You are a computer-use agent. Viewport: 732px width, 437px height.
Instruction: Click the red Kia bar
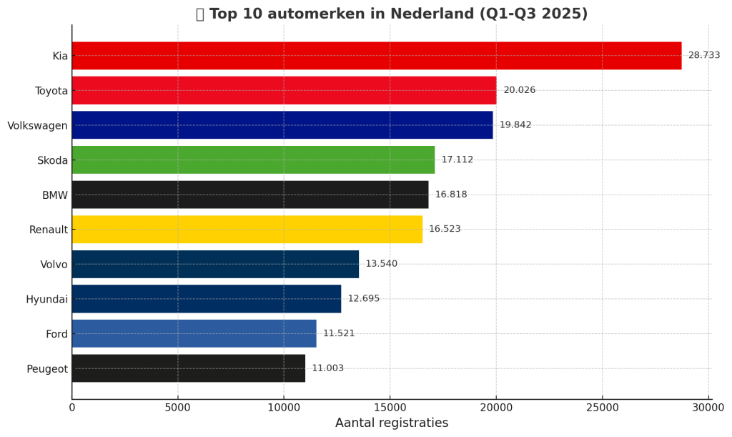(x=376, y=56)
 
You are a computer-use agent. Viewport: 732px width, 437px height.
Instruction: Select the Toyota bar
(x=284, y=91)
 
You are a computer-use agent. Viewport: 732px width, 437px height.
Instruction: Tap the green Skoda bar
(x=253, y=160)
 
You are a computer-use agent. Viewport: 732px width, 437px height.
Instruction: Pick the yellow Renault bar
(x=247, y=230)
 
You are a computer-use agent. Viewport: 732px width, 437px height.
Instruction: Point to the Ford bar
(x=194, y=334)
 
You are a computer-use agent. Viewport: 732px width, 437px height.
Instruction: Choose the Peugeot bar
(x=188, y=368)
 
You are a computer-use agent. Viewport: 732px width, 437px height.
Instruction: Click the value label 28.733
(x=703, y=56)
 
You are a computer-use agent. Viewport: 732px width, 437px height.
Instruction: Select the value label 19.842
(x=515, y=125)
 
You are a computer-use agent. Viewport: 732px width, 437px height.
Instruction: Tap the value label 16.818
(x=450, y=195)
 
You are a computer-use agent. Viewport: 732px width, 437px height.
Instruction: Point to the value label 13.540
(x=381, y=264)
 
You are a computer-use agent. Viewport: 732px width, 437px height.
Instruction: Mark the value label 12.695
(x=363, y=299)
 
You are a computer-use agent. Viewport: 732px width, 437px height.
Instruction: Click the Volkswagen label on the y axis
(x=37, y=126)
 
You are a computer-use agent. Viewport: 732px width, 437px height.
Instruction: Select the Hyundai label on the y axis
(x=46, y=300)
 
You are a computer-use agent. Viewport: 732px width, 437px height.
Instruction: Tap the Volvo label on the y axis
(x=54, y=265)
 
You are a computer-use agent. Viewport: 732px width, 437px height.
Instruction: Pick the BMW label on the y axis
(x=54, y=195)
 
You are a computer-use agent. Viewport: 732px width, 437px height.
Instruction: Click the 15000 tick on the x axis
(x=390, y=408)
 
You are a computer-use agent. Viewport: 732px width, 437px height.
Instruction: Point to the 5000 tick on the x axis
(x=178, y=408)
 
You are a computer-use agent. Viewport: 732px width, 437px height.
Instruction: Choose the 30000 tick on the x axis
(x=708, y=408)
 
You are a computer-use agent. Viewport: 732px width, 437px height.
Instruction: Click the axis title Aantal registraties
(x=392, y=423)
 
